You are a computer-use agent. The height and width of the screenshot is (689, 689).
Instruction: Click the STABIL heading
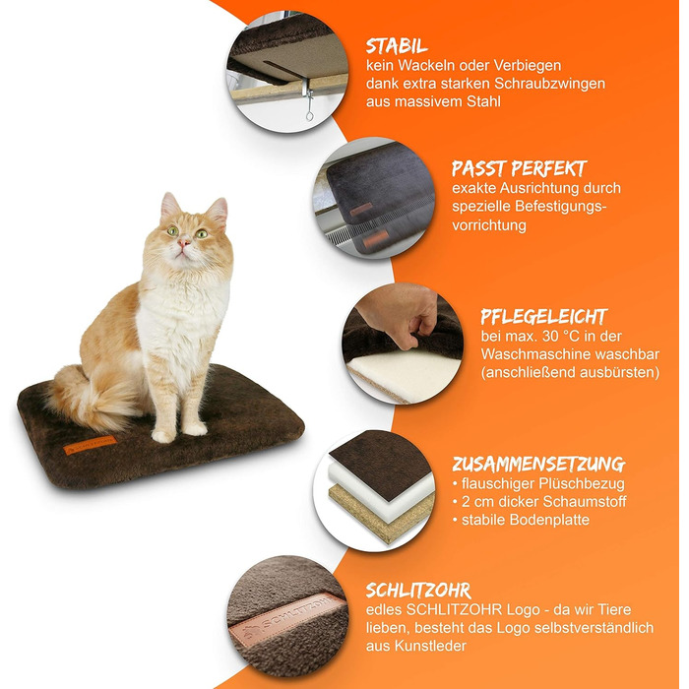coord(397,45)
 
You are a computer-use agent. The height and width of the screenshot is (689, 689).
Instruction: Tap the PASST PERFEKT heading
coord(520,168)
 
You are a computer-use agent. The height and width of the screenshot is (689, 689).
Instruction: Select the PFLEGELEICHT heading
coord(544,316)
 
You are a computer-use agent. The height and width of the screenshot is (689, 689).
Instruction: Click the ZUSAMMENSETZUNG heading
coord(539,464)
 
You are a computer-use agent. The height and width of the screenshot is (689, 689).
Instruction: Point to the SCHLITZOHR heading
coord(418,591)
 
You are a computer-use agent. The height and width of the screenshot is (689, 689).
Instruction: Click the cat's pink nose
coord(183,242)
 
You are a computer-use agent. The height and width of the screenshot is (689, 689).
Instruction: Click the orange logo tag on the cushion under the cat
coord(90,444)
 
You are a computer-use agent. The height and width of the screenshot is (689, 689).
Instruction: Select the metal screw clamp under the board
coord(307,101)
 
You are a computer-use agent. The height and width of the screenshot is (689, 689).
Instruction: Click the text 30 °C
coord(559,337)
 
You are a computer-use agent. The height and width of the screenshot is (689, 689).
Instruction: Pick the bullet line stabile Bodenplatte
coord(521,520)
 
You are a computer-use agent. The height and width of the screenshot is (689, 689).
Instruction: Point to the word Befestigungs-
coord(561,206)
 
